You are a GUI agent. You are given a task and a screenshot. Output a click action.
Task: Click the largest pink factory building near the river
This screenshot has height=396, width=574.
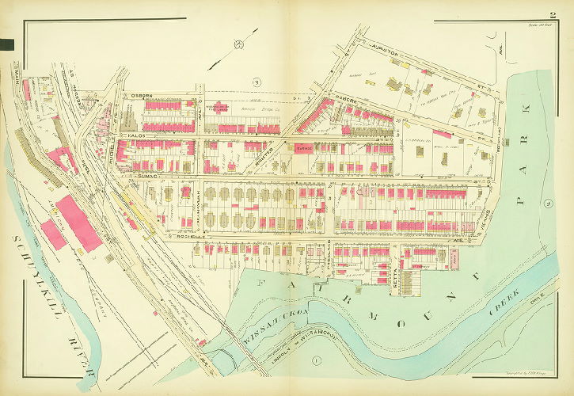(x=78, y=223)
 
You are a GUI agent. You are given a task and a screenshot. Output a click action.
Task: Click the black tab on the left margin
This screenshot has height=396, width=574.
(x=8, y=44)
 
